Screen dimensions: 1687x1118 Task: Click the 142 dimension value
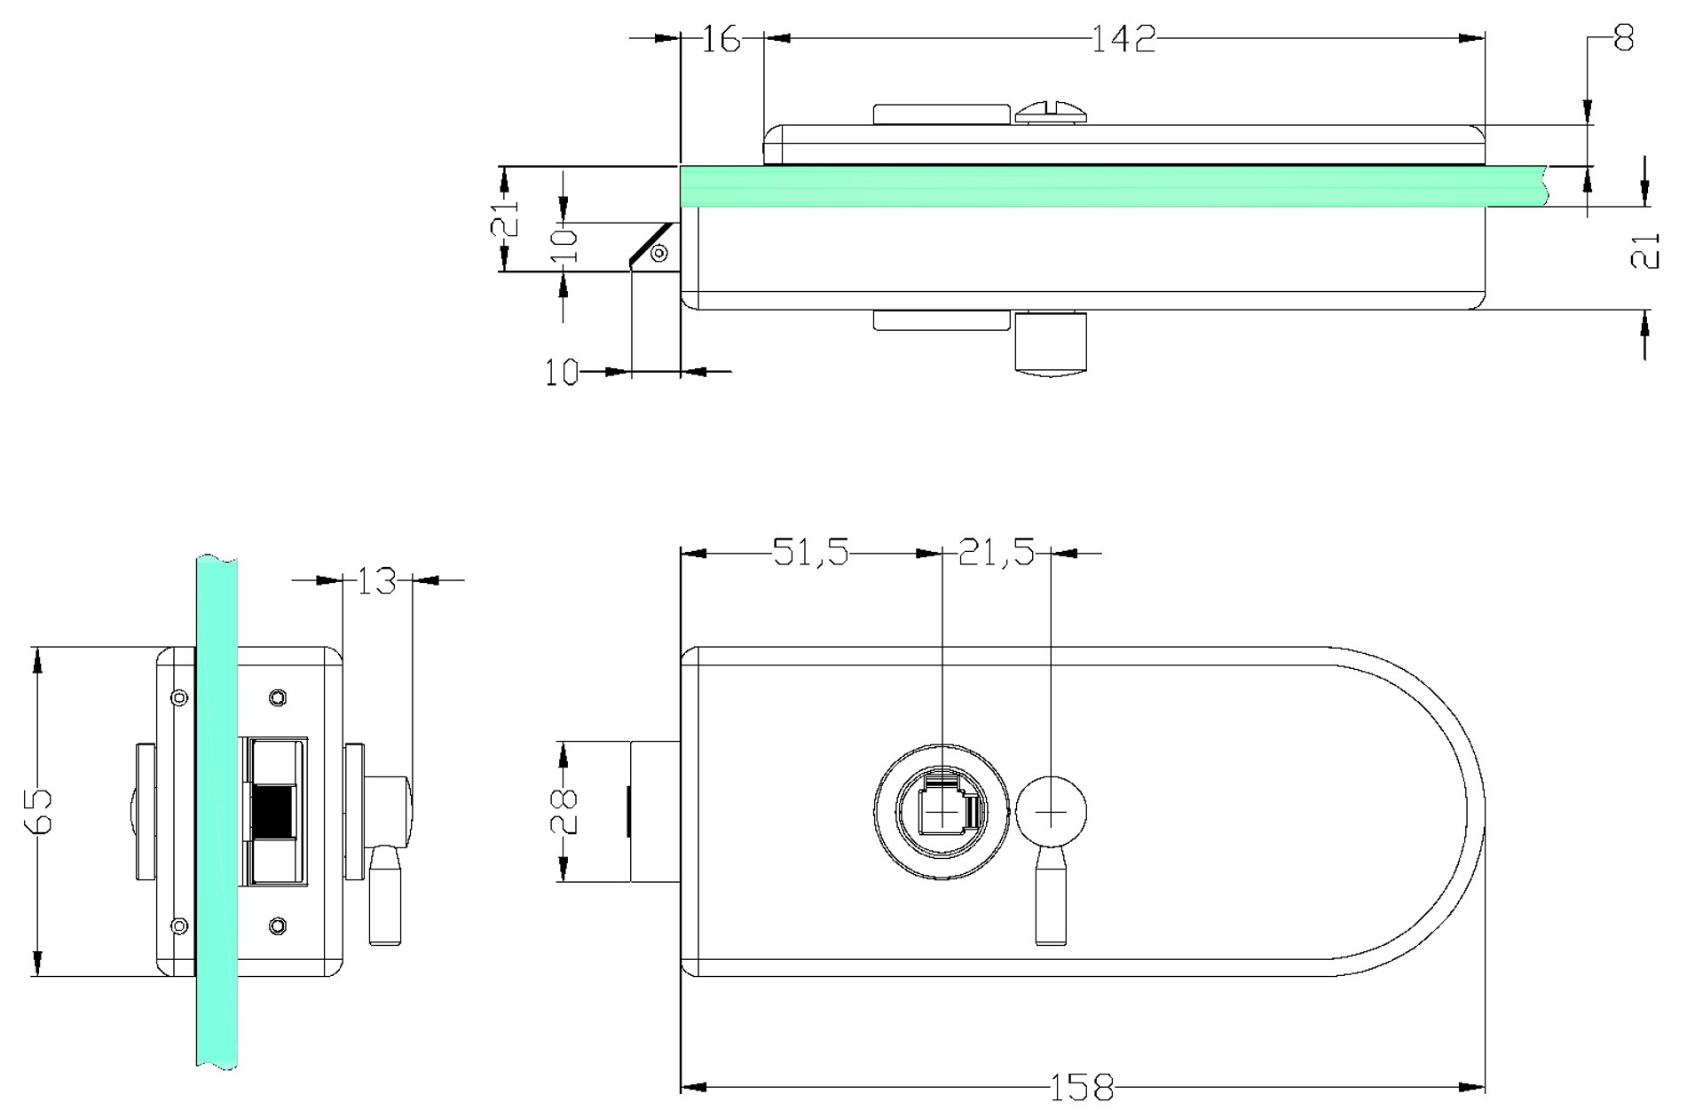1123,39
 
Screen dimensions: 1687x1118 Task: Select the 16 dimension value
721,39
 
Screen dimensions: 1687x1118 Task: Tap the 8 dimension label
1623,38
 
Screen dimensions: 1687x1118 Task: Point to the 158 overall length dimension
1082,1087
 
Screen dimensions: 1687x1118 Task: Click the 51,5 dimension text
811,553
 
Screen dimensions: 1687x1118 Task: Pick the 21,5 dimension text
997,553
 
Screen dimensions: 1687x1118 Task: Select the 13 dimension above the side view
377,580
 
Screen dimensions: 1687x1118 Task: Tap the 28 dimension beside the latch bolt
565,811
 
